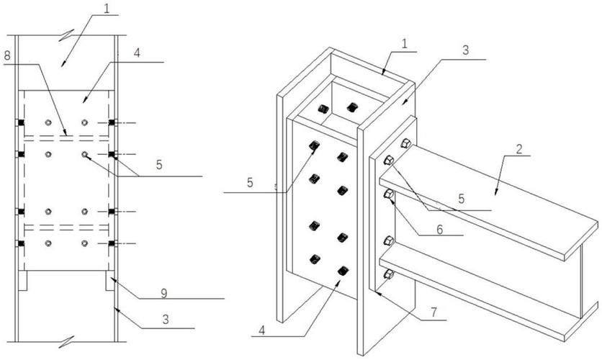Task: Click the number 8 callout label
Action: [8, 55]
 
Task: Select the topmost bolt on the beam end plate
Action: [405, 143]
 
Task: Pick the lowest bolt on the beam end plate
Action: [389, 274]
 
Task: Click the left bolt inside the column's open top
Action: [323, 109]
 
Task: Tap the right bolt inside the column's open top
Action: [351, 107]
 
